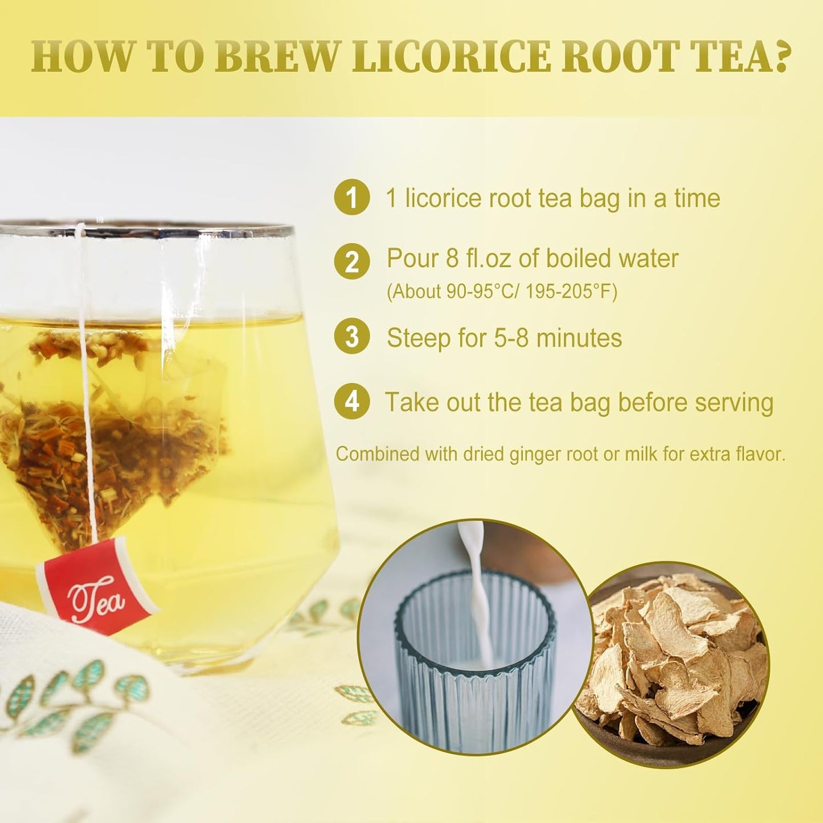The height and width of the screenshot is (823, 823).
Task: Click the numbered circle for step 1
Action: [352, 197]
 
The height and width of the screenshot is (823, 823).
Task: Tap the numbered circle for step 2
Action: [352, 261]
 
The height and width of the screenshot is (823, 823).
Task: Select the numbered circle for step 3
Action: [352, 337]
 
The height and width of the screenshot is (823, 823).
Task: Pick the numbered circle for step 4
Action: [352, 401]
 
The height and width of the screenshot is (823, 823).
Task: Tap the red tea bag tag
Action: [97, 586]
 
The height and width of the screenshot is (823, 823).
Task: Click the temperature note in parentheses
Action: [502, 292]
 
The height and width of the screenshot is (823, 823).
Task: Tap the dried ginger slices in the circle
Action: [672, 661]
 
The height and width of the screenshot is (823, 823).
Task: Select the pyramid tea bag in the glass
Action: [114, 433]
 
